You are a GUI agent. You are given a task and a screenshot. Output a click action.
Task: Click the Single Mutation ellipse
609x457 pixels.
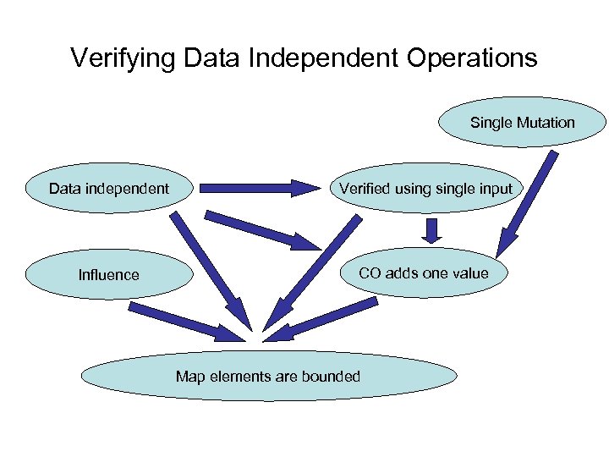click(522, 123)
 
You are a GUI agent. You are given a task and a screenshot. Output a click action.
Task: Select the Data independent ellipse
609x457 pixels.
click(109, 188)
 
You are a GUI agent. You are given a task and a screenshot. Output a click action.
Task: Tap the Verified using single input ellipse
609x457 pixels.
click(425, 188)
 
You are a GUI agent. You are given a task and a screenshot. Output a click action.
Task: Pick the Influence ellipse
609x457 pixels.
click(109, 274)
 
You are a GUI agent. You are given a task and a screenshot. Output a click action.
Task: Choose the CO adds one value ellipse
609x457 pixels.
click(424, 273)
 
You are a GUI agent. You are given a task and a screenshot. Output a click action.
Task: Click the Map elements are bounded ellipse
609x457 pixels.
click(268, 376)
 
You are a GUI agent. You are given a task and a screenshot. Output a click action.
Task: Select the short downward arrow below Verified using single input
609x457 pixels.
click(433, 230)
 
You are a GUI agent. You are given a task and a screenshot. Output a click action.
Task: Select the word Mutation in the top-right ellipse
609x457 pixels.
click(546, 123)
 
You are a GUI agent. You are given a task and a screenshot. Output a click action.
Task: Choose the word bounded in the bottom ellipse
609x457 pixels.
click(330, 376)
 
